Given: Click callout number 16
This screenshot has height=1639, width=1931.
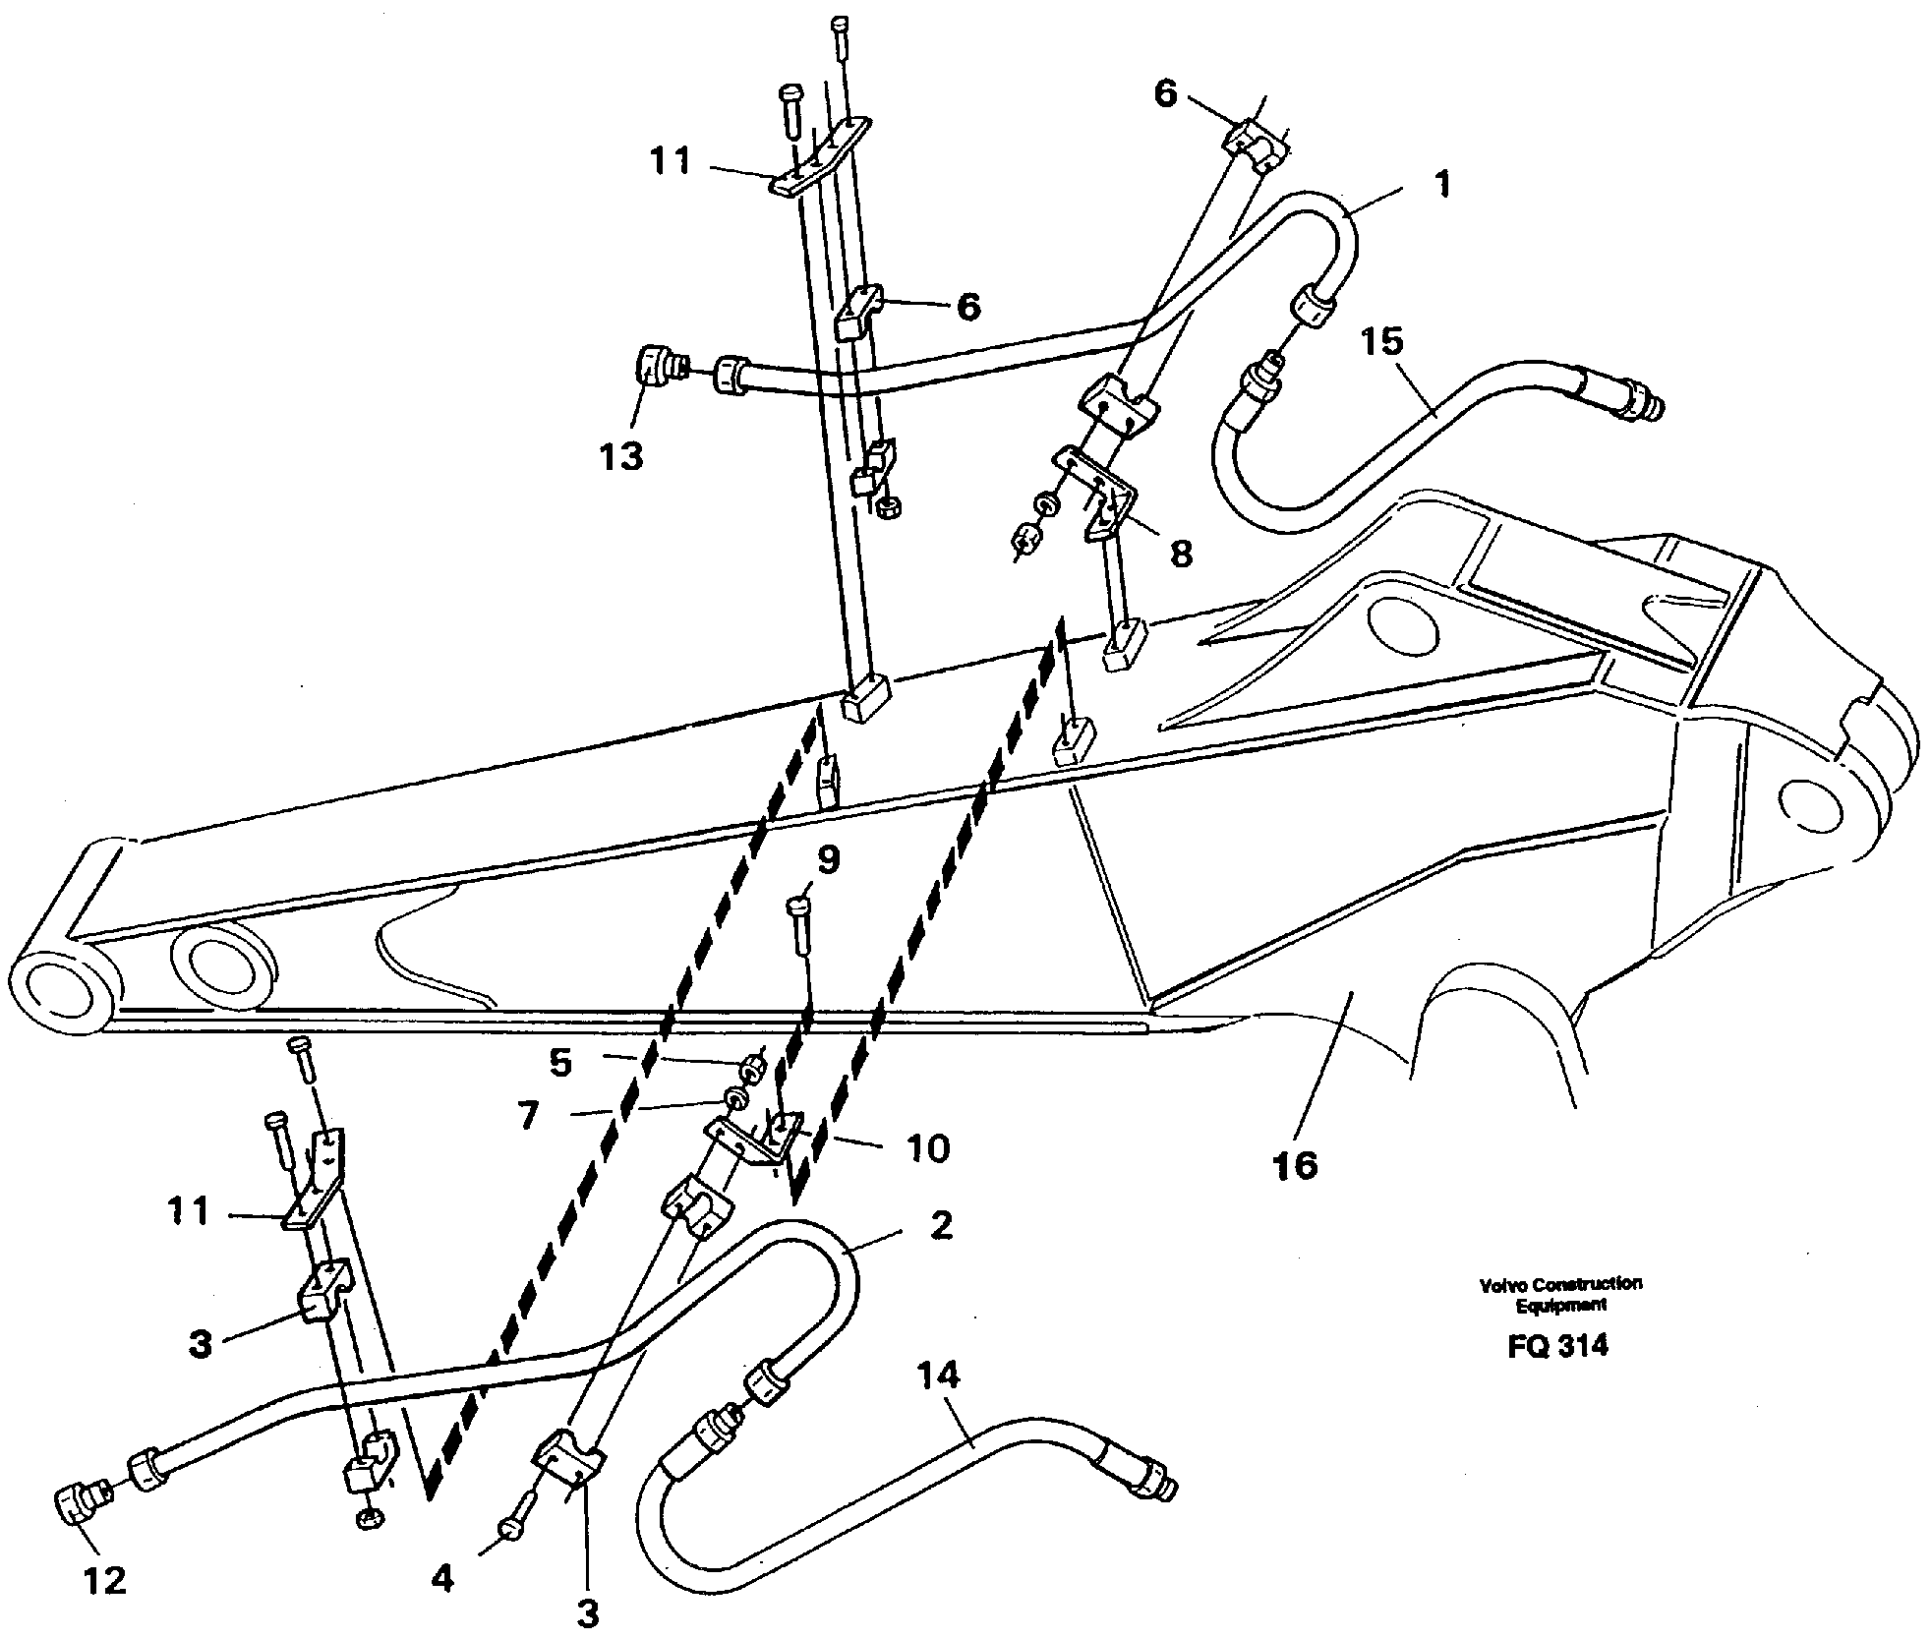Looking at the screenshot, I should (x=1293, y=1166).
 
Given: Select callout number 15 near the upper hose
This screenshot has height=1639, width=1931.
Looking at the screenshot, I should (x=1381, y=341).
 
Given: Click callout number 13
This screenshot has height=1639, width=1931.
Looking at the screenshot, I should (x=621, y=456).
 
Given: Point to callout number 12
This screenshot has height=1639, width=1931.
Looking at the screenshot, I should (x=105, y=1580).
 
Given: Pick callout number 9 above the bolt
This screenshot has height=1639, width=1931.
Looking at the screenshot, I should (x=828, y=860).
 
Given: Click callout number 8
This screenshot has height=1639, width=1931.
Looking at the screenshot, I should (x=1180, y=554).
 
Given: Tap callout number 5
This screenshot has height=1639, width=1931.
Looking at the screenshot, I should (x=559, y=1062).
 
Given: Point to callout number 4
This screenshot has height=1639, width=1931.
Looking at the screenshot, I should (x=442, y=1579).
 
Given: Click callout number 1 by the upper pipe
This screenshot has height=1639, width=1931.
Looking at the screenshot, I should (x=1442, y=184).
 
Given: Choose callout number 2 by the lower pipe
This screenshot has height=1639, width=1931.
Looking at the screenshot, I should (x=941, y=1225).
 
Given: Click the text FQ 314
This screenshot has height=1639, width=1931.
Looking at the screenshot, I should (x=1557, y=1345).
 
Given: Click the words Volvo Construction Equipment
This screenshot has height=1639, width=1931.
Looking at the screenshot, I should (x=1559, y=1294).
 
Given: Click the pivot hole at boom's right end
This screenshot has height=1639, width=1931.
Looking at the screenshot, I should (x=1813, y=801).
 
